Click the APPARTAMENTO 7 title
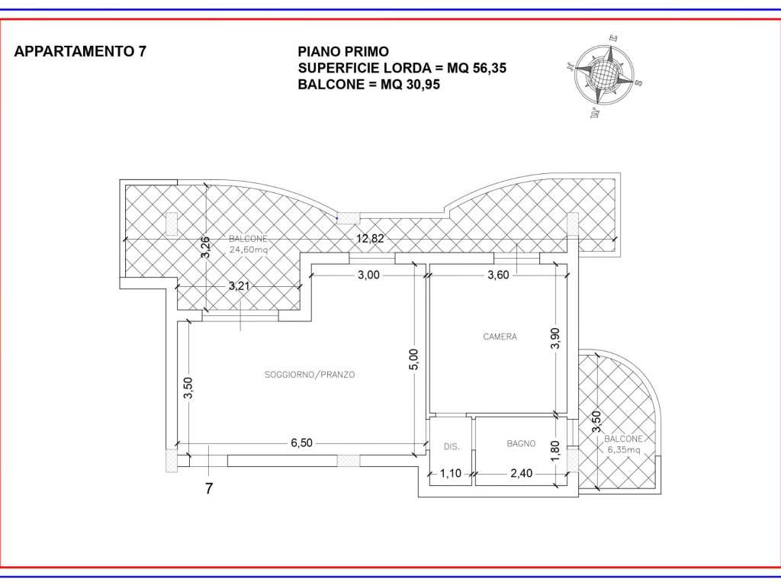80,51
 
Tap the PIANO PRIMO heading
343,51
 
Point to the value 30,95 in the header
423,85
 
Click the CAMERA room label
500,336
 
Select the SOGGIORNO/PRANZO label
310,375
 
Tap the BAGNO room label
521,443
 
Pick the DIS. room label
452,447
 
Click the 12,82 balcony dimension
370,239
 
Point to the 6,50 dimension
302,443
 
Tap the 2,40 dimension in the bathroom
521,473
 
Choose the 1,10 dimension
451,473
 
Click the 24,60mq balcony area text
249,250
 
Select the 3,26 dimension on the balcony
204,247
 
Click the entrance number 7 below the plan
209,488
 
